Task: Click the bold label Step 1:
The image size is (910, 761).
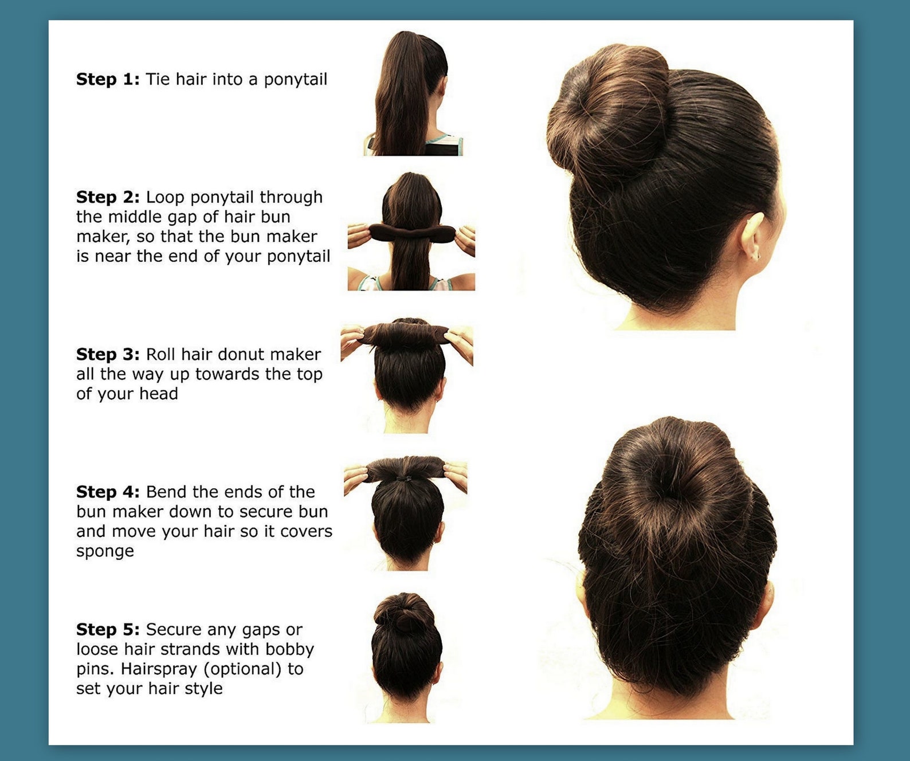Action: [x=108, y=79]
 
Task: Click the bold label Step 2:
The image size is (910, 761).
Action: [x=108, y=197]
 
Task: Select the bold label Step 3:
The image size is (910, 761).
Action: [x=108, y=354]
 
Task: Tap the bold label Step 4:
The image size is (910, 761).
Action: [x=108, y=492]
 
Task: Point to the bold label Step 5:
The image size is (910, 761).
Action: [x=108, y=629]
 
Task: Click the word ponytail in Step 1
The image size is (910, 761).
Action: [x=295, y=80]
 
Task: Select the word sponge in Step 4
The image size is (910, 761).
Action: [x=105, y=551]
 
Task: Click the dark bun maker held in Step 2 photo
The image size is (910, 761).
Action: [x=411, y=234]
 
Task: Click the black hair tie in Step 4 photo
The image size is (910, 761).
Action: [x=405, y=477]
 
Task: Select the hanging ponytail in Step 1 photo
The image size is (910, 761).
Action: [x=404, y=97]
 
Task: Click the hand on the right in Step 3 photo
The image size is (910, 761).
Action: [x=460, y=342]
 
